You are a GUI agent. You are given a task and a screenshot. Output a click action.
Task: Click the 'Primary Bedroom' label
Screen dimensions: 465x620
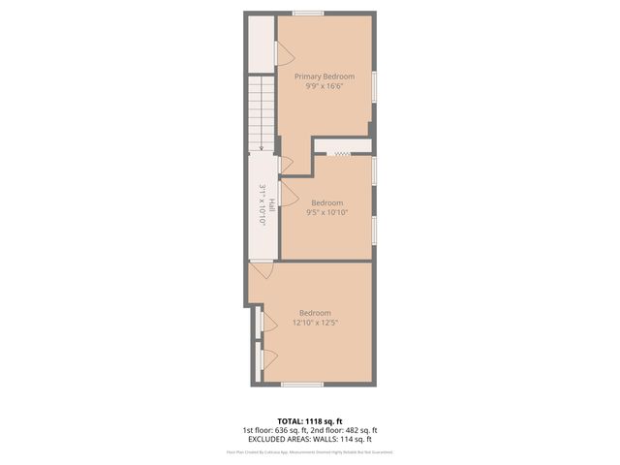325,77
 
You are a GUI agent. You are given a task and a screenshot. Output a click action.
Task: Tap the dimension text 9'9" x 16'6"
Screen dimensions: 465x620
325,86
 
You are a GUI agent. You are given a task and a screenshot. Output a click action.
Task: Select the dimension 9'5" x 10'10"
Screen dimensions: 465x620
326,212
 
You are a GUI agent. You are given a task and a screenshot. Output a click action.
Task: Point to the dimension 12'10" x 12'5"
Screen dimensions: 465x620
315,323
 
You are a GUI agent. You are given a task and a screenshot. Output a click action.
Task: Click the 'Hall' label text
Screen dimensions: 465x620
272,205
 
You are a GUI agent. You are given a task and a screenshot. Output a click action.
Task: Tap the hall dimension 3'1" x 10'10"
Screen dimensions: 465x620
262,205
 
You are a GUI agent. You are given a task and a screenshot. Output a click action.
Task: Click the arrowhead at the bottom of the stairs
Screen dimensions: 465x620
261,147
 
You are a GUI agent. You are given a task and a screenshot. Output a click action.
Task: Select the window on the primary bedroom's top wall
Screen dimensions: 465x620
308,13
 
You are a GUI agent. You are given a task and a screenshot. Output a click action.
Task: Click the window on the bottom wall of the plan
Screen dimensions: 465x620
301,385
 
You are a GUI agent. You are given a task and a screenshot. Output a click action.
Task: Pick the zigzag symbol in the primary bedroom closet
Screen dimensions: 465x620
341,152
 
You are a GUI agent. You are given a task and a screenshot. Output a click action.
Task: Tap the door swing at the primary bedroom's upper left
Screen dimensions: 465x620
279,53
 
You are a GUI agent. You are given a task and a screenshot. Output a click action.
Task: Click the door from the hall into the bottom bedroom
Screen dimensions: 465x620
258,272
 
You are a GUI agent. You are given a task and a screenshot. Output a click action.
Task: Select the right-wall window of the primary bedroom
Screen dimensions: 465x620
375,86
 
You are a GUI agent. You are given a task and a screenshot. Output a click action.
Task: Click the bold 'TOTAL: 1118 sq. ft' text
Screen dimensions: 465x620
309,421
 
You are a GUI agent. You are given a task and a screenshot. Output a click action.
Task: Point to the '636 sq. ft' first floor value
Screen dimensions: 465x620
290,430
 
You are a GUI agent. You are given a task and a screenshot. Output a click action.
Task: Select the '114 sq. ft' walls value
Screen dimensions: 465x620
354,439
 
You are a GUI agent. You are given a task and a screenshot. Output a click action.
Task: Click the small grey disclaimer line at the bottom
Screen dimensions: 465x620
309,451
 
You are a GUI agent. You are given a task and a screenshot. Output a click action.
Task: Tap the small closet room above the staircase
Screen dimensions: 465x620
262,44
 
